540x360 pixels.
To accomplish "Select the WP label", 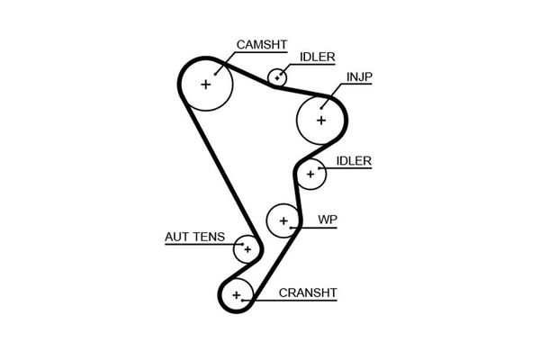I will tap(327, 219).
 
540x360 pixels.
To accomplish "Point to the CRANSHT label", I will tap(308, 292).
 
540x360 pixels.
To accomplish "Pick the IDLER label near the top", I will tap(317, 57).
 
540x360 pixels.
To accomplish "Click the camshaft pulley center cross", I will tap(206, 85).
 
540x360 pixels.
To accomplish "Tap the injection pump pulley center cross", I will tap(321, 118).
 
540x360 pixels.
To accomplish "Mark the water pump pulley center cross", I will tap(283, 220).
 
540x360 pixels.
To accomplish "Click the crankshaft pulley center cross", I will tap(237, 294).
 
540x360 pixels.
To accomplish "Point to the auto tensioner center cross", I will tap(247, 248).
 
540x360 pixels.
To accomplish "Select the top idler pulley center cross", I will tap(278, 77).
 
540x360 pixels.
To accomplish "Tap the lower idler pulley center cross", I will tap(311, 173).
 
